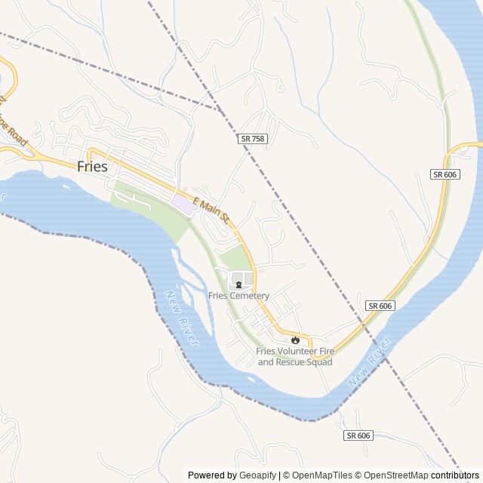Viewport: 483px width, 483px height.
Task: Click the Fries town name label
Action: click(93, 167)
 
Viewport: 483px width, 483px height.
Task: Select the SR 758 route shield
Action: click(252, 139)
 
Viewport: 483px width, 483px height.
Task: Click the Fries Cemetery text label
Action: click(238, 296)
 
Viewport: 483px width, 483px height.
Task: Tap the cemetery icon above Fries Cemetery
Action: click(238, 285)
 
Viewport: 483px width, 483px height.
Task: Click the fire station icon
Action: click(295, 340)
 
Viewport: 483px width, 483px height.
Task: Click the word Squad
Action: click(317, 362)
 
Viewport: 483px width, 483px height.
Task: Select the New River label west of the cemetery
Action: click(181, 318)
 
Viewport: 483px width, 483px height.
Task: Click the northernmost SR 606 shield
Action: click(445, 174)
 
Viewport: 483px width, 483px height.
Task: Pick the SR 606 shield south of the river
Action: click(358, 435)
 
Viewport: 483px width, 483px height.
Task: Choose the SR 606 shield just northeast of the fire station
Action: click(381, 305)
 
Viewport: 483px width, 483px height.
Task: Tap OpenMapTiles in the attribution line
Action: click(316, 475)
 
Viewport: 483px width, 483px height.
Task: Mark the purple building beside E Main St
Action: click(183, 203)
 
